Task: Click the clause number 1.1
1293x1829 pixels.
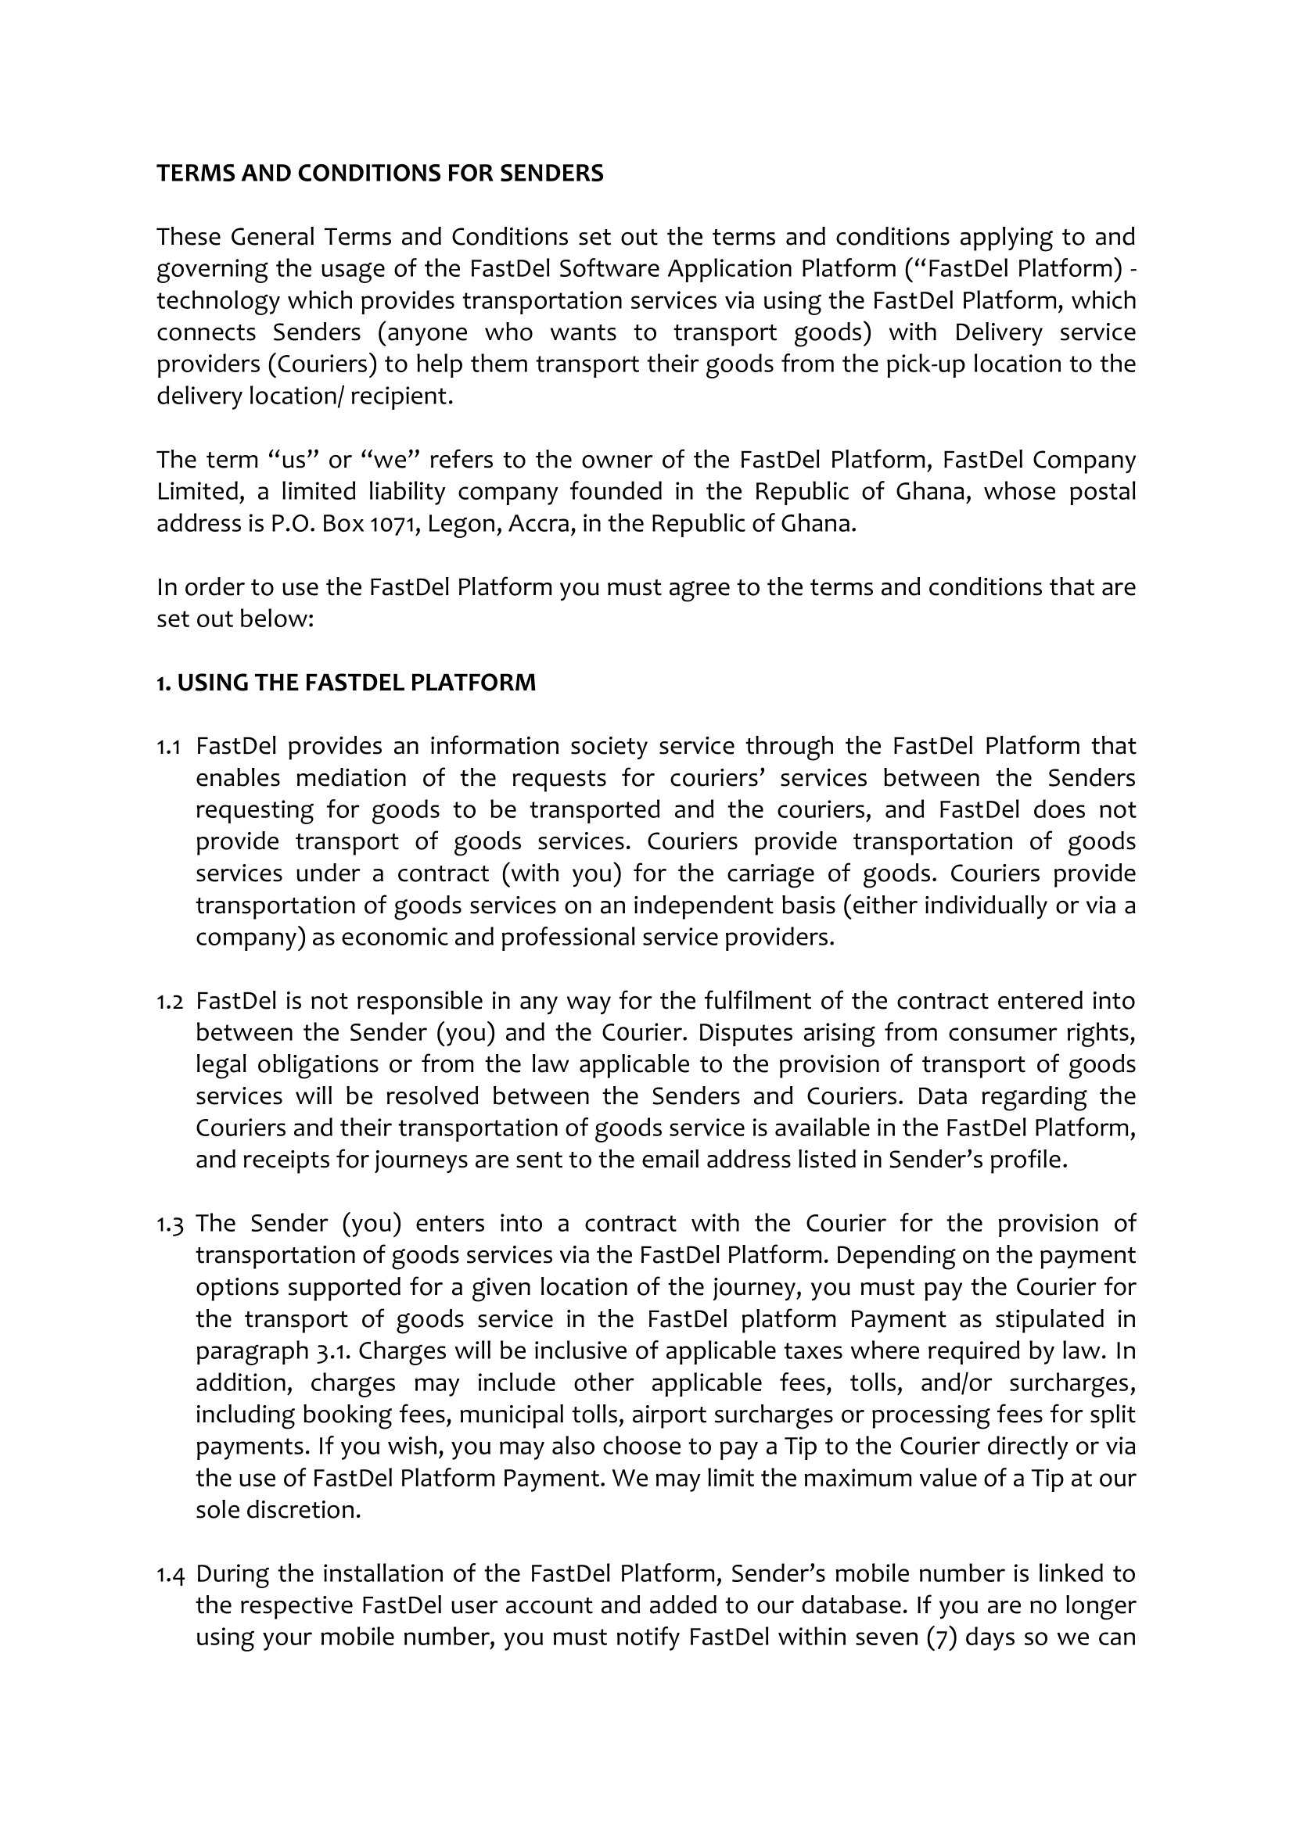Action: pyautogui.click(x=168, y=747)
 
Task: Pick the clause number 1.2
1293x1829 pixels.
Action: pyautogui.click(x=169, y=1002)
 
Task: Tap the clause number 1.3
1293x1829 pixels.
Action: pyautogui.click(x=169, y=1224)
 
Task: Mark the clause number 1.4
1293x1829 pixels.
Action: pyautogui.click(x=169, y=1574)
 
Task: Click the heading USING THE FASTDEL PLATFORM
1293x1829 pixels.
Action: pyautogui.click(x=355, y=683)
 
